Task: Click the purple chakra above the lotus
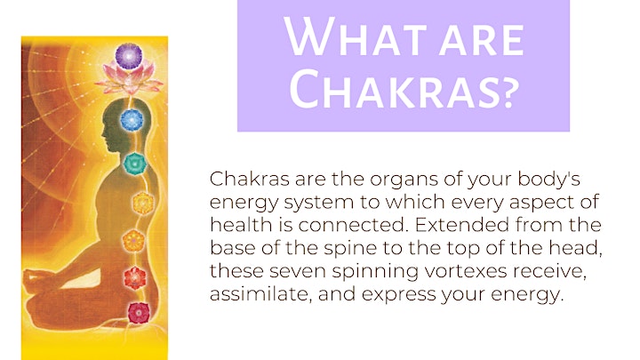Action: pos(129,56)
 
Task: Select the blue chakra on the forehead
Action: pos(132,120)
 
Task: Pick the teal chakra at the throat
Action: pos(135,164)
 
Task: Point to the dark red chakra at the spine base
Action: pos(139,313)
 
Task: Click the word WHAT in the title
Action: pos(355,36)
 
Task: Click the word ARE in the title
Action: pos(482,40)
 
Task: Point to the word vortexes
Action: pos(465,271)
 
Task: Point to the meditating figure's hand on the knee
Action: pos(32,279)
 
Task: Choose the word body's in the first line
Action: pos(549,180)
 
